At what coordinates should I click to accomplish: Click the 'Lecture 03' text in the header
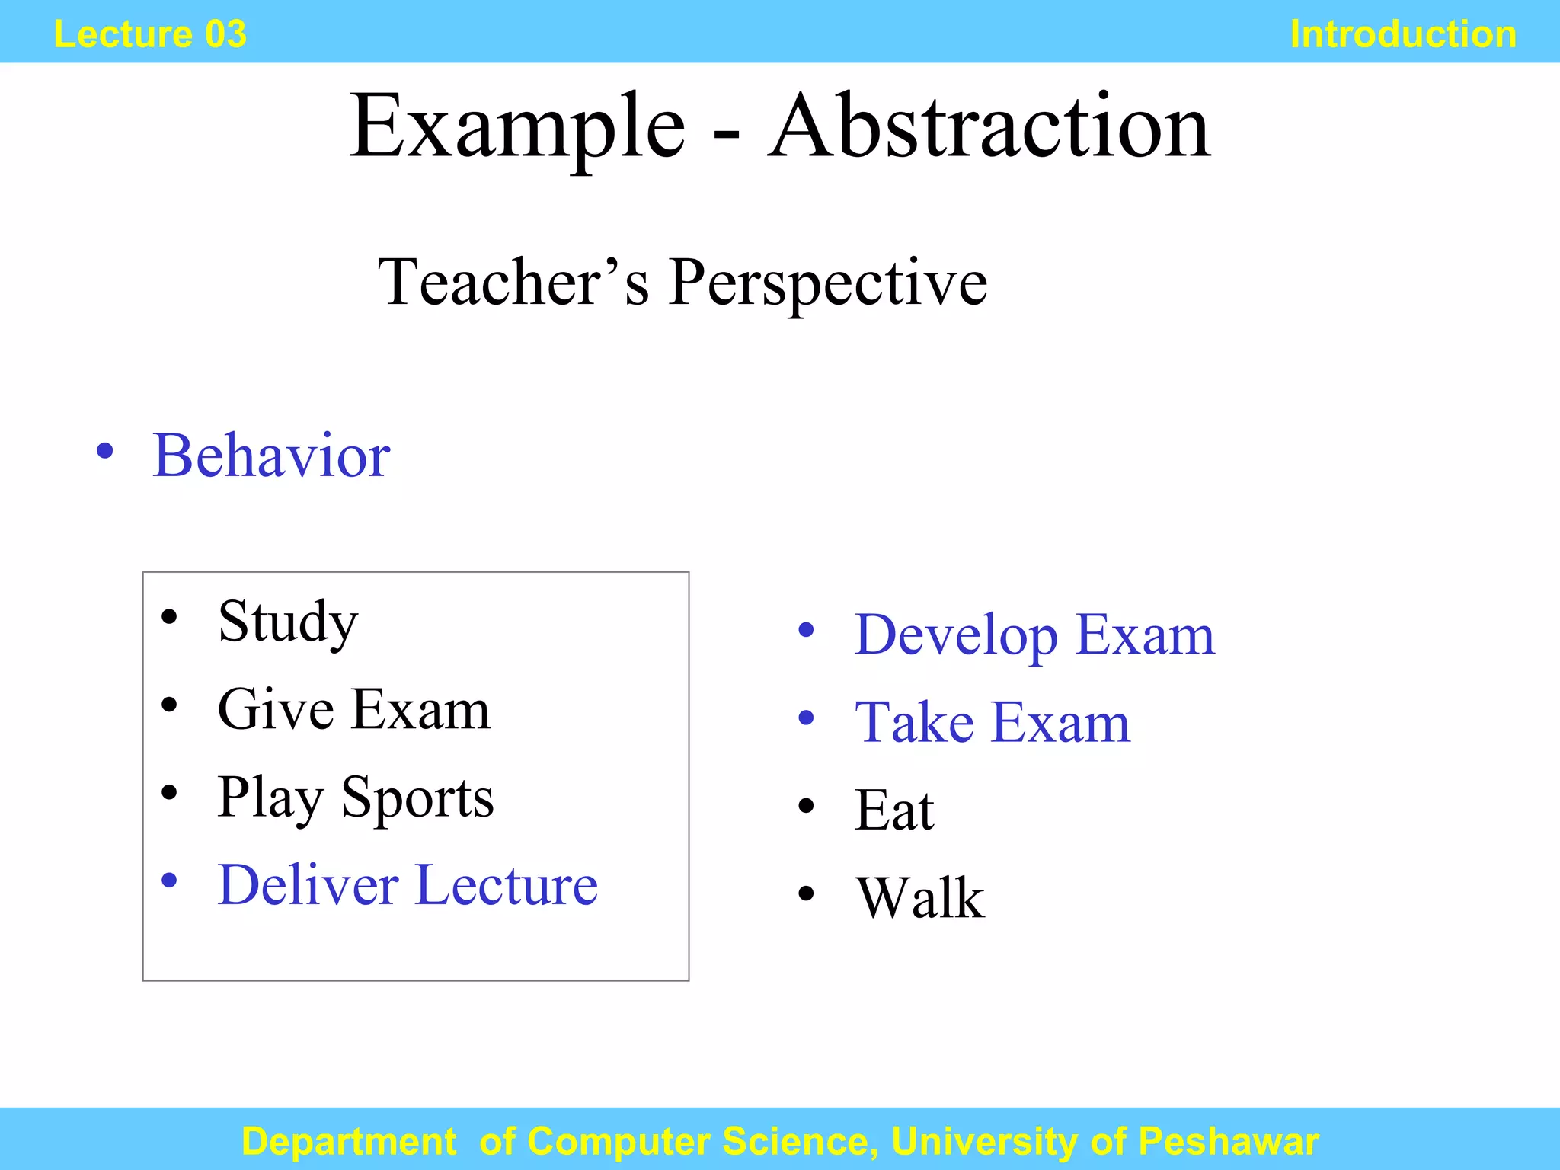click(x=150, y=34)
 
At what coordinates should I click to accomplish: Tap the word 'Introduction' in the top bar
click(x=1403, y=34)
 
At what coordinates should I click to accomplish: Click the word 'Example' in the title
click(x=517, y=128)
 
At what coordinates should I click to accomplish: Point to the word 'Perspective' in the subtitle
click(x=828, y=283)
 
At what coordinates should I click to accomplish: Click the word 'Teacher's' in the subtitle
click(x=513, y=282)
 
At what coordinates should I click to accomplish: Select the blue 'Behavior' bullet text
click(x=271, y=456)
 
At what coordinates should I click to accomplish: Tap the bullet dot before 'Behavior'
click(x=105, y=451)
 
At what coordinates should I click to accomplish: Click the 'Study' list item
click(x=287, y=622)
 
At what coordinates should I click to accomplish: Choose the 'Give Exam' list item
click(x=353, y=709)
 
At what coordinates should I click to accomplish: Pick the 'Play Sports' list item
click(x=355, y=798)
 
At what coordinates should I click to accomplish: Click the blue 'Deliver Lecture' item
click(x=408, y=885)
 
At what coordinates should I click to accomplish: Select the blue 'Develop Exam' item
click(x=1034, y=635)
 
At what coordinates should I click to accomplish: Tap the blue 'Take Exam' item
click(x=992, y=722)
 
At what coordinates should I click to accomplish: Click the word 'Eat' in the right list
click(x=893, y=810)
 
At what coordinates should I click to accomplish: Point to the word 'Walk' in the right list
click(x=919, y=898)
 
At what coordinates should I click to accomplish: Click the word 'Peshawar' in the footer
click(x=1228, y=1141)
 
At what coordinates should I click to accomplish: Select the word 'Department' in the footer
click(x=349, y=1141)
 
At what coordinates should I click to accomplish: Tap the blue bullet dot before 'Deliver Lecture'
click(x=169, y=881)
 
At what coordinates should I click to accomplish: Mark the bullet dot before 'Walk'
click(x=806, y=893)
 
